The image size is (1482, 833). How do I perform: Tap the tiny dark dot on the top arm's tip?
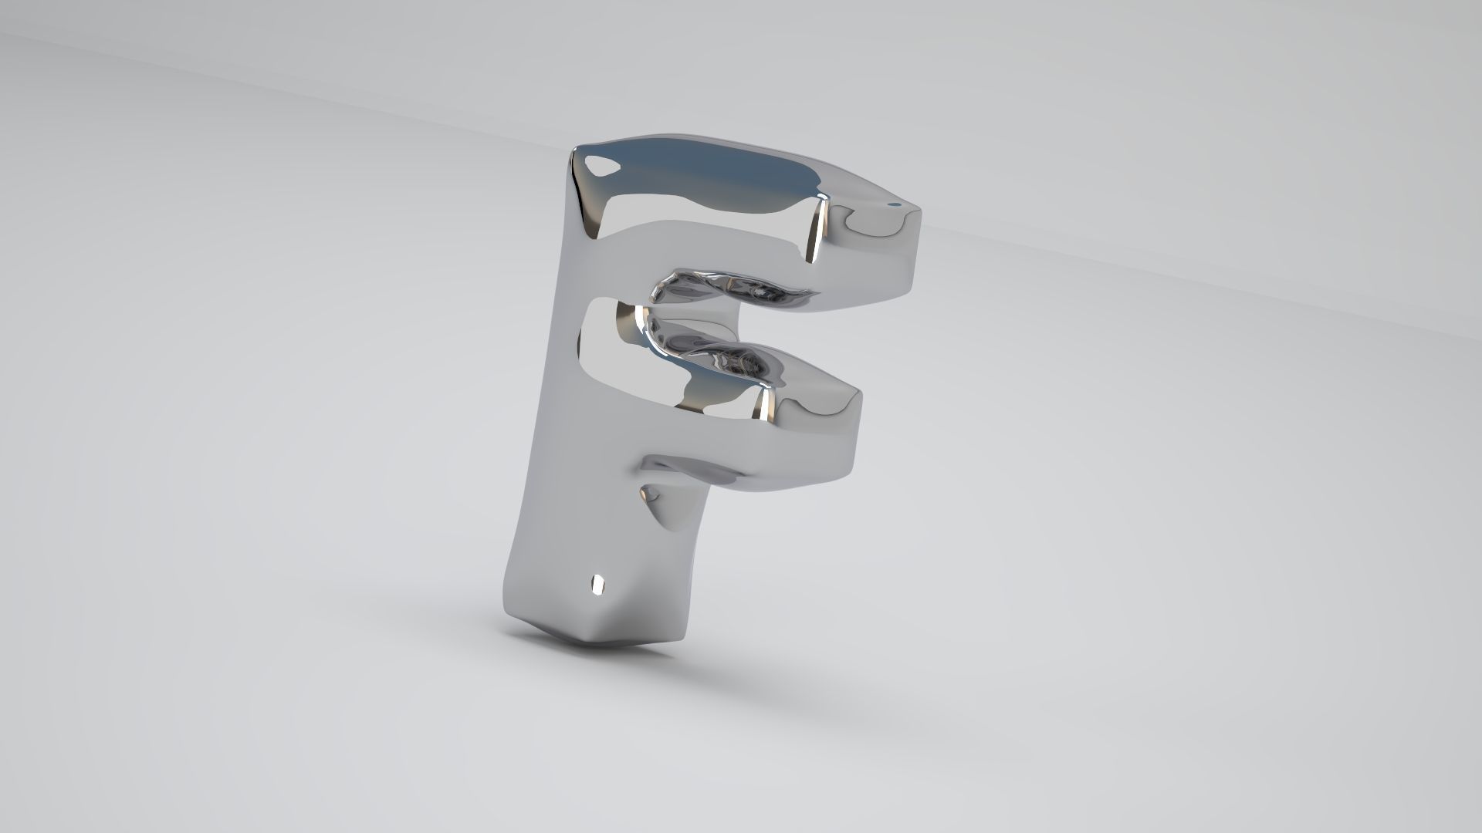(x=894, y=205)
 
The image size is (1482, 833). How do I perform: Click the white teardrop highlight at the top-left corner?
(x=601, y=164)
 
